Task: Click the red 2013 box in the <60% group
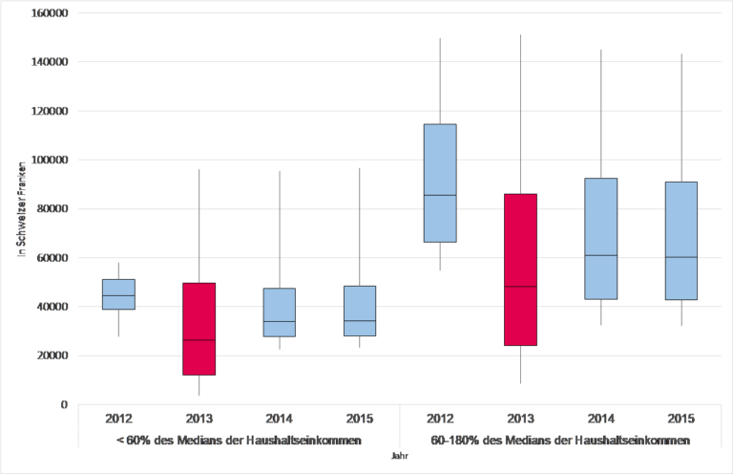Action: (199, 329)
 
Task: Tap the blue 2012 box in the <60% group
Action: (119, 294)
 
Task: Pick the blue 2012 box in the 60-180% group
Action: (440, 183)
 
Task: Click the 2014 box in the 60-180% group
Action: (601, 238)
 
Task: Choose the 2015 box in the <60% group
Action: (360, 311)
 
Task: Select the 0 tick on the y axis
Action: (64, 404)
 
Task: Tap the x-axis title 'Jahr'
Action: (400, 456)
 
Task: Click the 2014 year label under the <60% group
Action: (280, 419)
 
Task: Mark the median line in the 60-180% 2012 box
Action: (440, 195)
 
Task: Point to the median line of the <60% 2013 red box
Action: (199, 340)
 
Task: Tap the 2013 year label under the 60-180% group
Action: (520, 419)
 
